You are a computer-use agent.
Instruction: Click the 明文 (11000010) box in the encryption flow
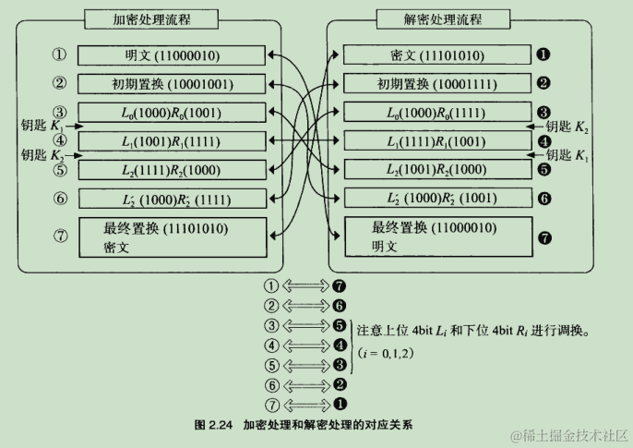click(172, 55)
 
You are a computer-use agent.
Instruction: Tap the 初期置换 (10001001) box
click(172, 84)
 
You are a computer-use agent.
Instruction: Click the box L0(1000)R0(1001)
click(172, 113)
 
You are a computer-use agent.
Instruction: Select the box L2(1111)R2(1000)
click(172, 170)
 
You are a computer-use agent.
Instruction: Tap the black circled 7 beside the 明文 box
click(543, 237)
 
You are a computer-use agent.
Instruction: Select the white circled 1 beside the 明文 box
click(61, 54)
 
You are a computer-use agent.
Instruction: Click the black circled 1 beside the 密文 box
click(543, 54)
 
